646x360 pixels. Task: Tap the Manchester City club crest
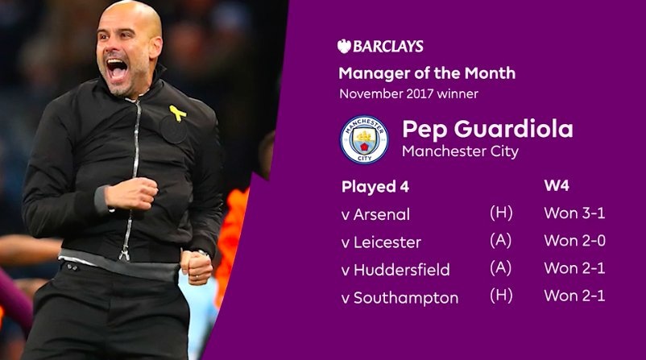click(363, 140)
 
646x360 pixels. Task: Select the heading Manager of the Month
click(427, 74)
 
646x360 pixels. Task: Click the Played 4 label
click(375, 187)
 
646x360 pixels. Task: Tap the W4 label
click(557, 187)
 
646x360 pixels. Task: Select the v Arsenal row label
click(376, 215)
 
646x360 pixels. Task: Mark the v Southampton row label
click(400, 298)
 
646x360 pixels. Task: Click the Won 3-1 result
click(574, 215)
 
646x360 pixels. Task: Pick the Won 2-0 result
click(574, 242)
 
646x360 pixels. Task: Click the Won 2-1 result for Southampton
click(574, 297)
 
